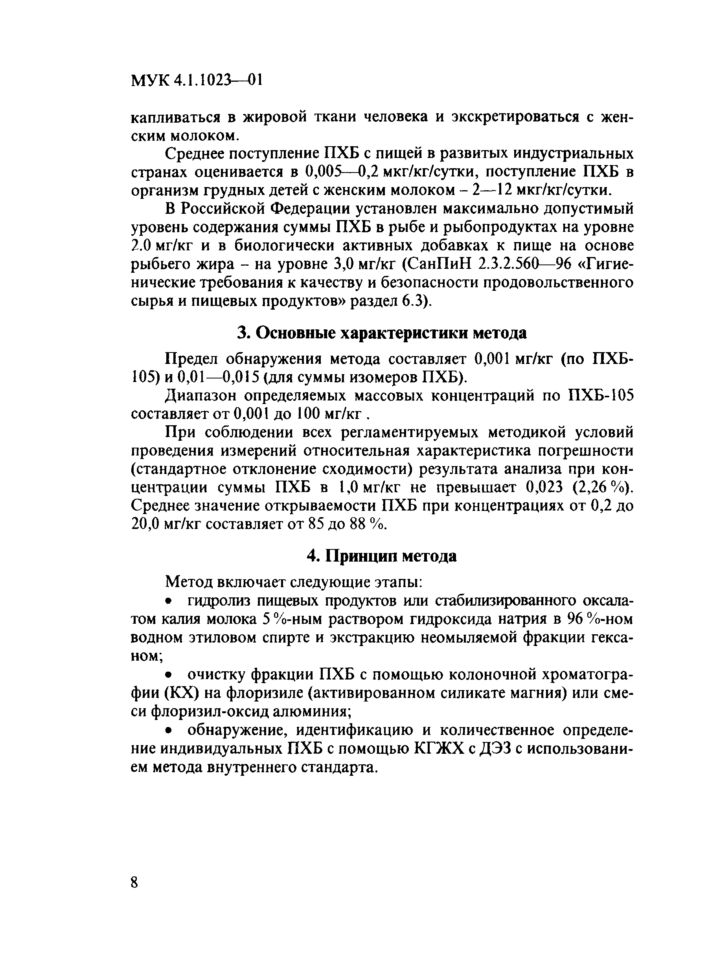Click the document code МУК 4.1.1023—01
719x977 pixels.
pos(196,81)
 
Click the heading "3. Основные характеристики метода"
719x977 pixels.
pos(382,333)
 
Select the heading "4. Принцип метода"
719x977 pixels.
pos(382,556)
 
